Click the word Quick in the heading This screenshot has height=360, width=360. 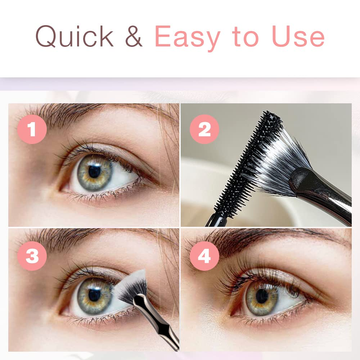74,36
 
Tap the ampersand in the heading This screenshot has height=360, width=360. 134,36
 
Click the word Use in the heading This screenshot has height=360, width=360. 298,36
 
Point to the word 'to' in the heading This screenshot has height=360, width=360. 245,37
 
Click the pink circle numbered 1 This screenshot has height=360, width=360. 32,129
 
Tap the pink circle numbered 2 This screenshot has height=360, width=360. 204,129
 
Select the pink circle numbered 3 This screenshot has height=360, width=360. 32,256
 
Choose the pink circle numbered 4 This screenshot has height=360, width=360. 204,256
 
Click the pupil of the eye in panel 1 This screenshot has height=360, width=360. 94,171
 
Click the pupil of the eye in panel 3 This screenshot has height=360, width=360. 94,295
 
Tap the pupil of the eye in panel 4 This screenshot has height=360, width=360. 262,296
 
